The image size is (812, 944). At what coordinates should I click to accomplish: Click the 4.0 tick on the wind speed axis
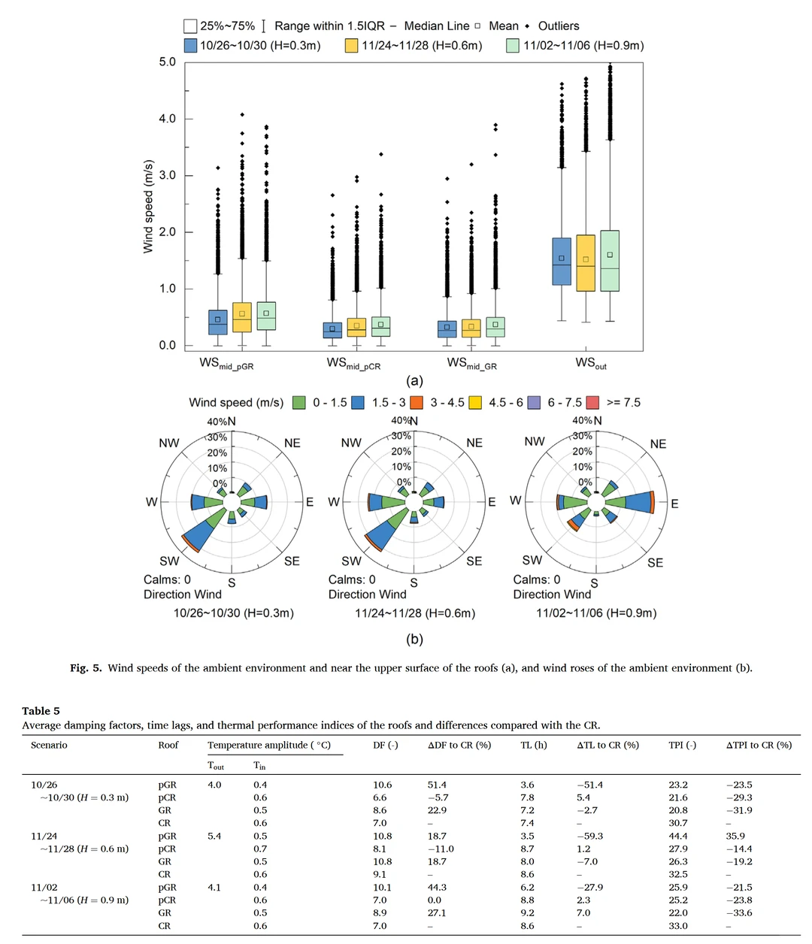167,119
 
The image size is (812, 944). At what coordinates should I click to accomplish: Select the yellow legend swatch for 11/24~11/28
351,46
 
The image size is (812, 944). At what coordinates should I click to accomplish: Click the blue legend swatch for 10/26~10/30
190,46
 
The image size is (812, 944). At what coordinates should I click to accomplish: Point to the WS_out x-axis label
591,363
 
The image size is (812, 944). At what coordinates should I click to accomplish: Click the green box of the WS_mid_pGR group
266,316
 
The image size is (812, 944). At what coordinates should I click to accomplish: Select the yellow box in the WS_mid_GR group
471,328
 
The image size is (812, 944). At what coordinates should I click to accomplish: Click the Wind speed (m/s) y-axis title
148,207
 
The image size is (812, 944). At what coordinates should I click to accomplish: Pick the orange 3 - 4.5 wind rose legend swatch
417,403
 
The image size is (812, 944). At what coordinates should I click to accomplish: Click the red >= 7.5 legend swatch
592,403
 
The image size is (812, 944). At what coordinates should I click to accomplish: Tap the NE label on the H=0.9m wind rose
658,444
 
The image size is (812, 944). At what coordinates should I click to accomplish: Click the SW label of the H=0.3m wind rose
169,561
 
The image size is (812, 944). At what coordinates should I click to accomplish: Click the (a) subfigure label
414,381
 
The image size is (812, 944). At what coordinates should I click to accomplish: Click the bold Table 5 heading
41,711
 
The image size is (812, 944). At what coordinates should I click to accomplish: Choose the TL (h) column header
533,746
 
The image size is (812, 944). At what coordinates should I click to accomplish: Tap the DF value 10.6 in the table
382,785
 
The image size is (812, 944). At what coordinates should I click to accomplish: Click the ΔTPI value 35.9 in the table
735,836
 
